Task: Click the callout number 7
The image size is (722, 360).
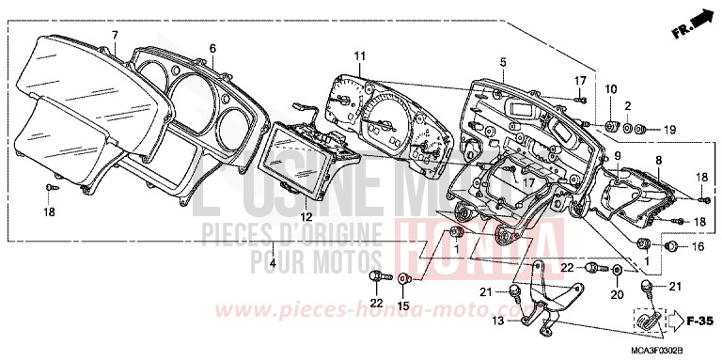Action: coord(115,35)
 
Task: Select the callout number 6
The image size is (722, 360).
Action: coord(212,48)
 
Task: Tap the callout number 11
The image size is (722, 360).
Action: coord(359,56)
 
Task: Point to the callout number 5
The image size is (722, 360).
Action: coord(503,62)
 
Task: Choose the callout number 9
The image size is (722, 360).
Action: coord(617,155)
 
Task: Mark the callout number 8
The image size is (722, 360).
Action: coord(658,161)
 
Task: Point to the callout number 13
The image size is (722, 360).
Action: coord(498,321)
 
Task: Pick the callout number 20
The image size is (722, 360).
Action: coord(618,294)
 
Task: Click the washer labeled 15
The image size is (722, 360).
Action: coord(404,279)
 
